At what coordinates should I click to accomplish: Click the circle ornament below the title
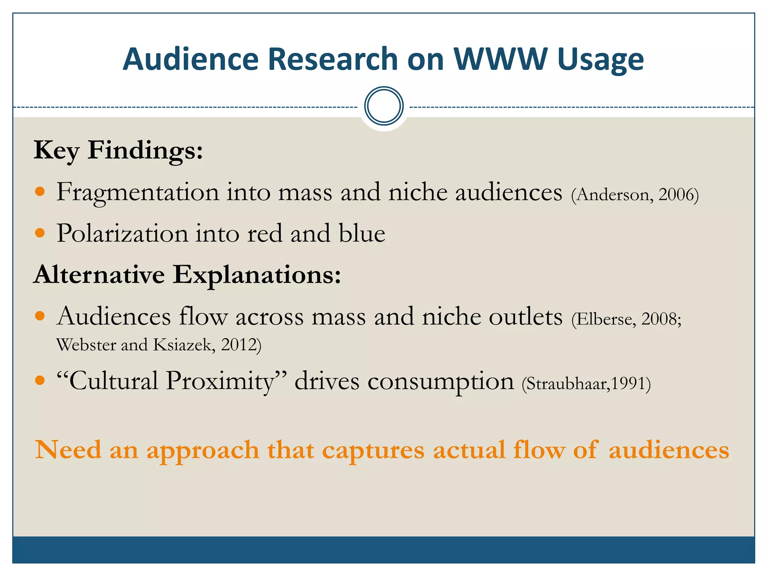click(x=384, y=106)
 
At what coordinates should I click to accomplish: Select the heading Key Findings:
click(x=118, y=150)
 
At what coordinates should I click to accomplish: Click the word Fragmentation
click(x=138, y=192)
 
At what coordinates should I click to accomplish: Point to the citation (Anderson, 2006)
click(x=635, y=195)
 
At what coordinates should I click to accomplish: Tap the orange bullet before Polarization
click(x=40, y=233)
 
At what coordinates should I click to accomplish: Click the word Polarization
click(x=122, y=234)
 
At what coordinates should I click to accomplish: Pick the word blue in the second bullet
click(x=362, y=234)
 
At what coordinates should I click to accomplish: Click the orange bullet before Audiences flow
click(x=40, y=316)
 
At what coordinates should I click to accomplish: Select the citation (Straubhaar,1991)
click(x=586, y=384)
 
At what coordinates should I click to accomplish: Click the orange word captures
click(x=373, y=450)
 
